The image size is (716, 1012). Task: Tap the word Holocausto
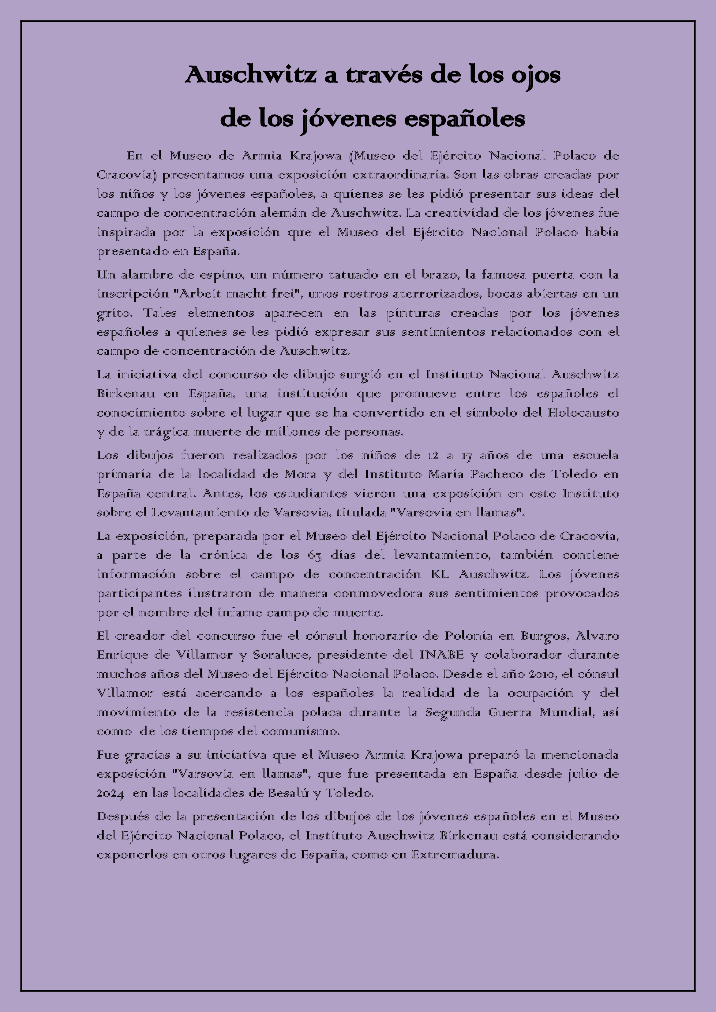(x=583, y=413)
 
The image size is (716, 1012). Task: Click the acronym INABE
(x=442, y=655)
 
